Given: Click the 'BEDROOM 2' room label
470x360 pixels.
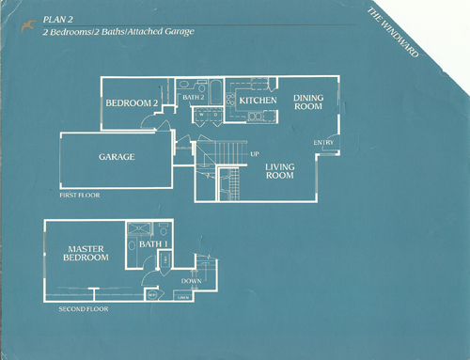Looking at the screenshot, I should (x=131, y=102).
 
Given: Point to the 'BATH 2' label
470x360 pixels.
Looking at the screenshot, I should (x=194, y=96).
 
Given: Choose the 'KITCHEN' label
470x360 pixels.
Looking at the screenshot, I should (x=257, y=100).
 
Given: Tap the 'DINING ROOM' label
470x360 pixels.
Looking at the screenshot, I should (x=307, y=102).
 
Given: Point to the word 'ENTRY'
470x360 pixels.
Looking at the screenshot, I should (x=323, y=143).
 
